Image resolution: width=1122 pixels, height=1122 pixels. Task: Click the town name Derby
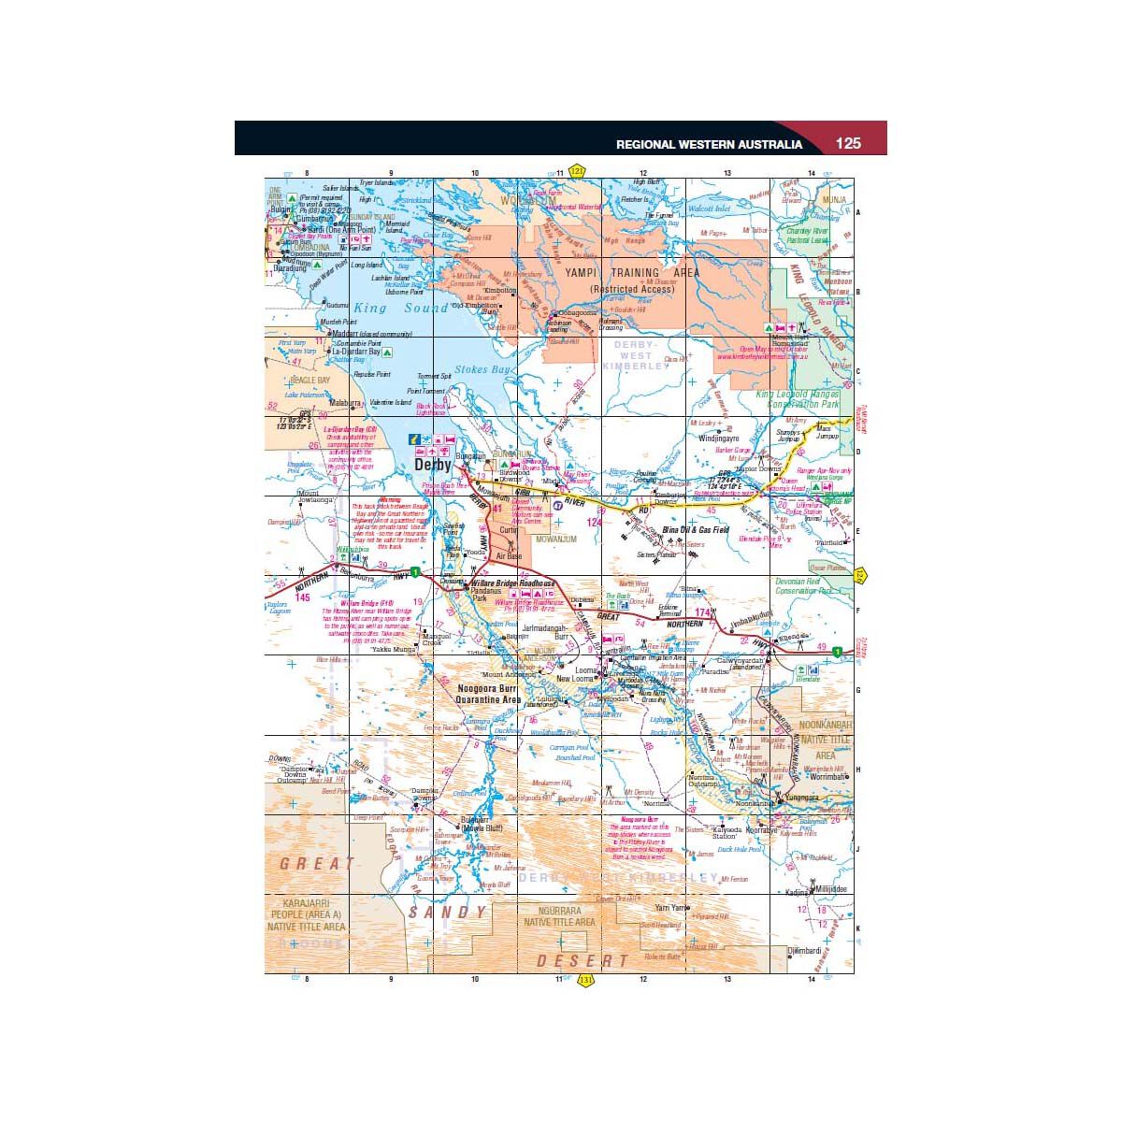pos(432,465)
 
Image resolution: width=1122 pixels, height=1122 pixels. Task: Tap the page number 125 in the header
pos(848,143)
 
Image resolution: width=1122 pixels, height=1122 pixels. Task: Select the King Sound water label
pos(401,309)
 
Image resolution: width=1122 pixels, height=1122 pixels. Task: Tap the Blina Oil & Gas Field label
pos(695,529)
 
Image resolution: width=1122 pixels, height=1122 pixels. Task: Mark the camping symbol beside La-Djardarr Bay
pos(387,352)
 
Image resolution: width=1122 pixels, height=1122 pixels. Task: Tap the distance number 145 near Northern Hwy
pos(301,597)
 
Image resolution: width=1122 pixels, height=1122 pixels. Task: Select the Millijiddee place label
pos(829,889)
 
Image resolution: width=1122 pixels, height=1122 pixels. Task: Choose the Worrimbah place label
pos(827,777)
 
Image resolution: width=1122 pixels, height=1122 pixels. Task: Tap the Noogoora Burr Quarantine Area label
pos(487,694)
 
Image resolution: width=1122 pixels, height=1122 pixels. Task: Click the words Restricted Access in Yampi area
pos(632,290)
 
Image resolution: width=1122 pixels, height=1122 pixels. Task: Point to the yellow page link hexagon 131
pos(586,981)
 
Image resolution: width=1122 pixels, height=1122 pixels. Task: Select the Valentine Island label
pos(390,403)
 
